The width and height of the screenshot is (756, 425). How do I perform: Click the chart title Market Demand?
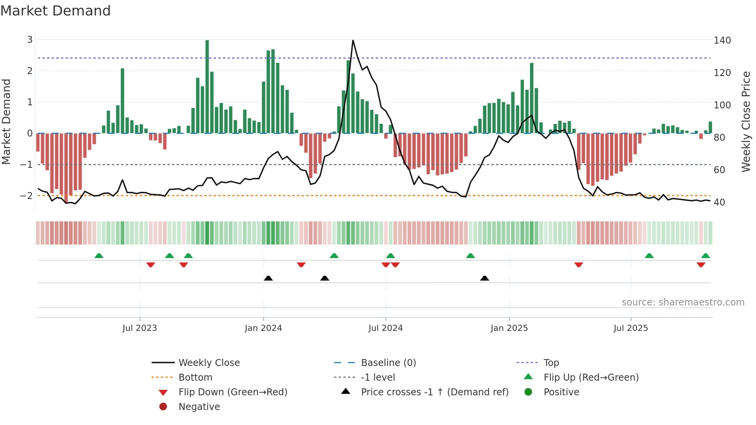click(x=56, y=11)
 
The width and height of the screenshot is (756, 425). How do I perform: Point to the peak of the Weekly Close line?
click(x=353, y=40)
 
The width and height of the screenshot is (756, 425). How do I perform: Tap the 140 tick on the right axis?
click(x=722, y=40)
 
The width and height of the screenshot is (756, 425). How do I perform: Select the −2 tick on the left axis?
click(x=27, y=196)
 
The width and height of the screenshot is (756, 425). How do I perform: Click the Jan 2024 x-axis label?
click(x=263, y=328)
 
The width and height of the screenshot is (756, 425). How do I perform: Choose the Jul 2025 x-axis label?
click(x=631, y=328)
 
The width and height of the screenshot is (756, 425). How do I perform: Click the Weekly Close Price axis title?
click(x=746, y=121)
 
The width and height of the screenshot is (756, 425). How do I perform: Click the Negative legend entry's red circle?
click(x=163, y=407)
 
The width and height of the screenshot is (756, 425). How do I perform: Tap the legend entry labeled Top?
click(x=551, y=363)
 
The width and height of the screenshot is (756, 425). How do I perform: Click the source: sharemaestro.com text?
click(x=683, y=302)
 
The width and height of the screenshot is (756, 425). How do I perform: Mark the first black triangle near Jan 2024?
click(x=268, y=278)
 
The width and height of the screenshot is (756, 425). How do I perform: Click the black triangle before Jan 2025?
click(x=484, y=278)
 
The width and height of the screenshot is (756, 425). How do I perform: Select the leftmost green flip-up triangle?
click(x=99, y=256)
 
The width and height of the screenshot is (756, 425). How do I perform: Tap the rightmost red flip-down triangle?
click(x=701, y=265)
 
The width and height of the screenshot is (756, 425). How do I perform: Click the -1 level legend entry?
click(x=378, y=378)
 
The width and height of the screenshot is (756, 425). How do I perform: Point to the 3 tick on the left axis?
click(x=30, y=40)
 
